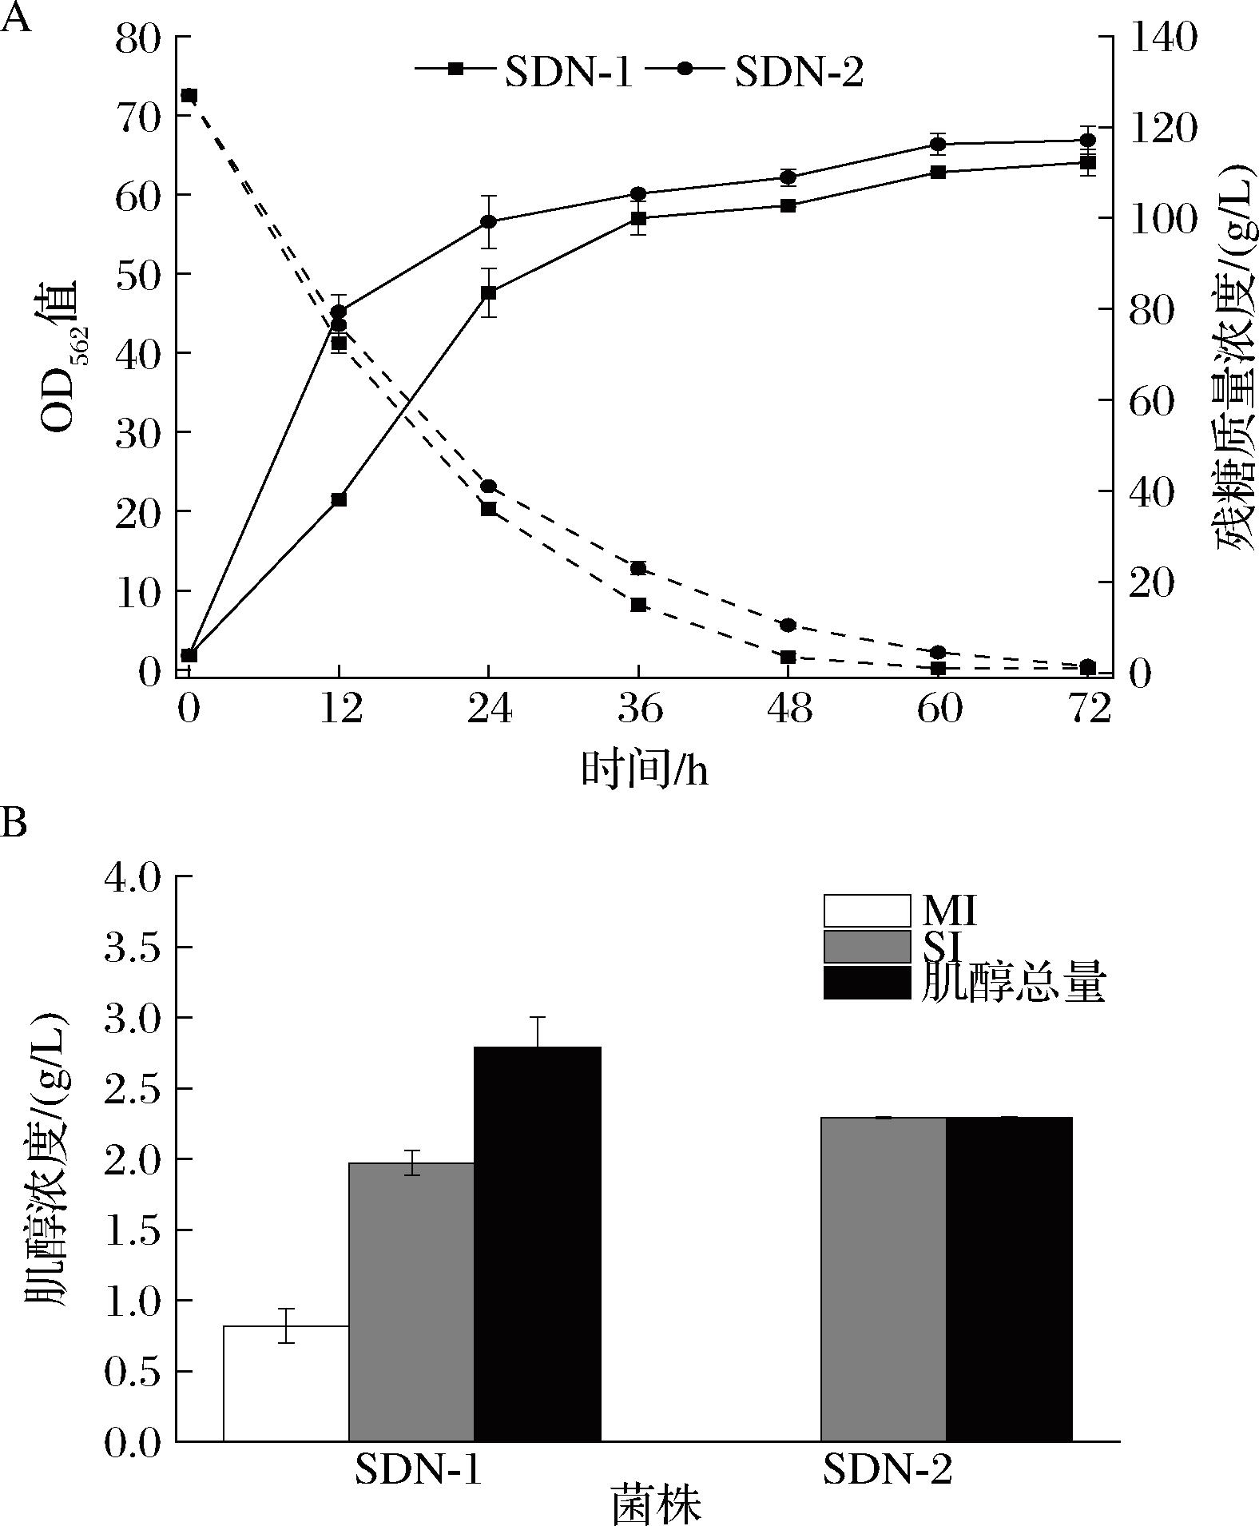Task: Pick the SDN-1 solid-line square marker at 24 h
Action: pyautogui.click(x=489, y=293)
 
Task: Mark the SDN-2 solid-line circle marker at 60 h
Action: pyautogui.click(x=938, y=145)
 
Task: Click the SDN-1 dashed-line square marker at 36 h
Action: pyautogui.click(x=638, y=604)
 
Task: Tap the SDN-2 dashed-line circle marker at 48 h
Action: pyautogui.click(x=788, y=625)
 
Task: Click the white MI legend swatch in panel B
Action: pyautogui.click(x=867, y=911)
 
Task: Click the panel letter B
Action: pyautogui.click(x=14, y=821)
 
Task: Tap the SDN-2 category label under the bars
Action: pyautogui.click(x=888, y=1469)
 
